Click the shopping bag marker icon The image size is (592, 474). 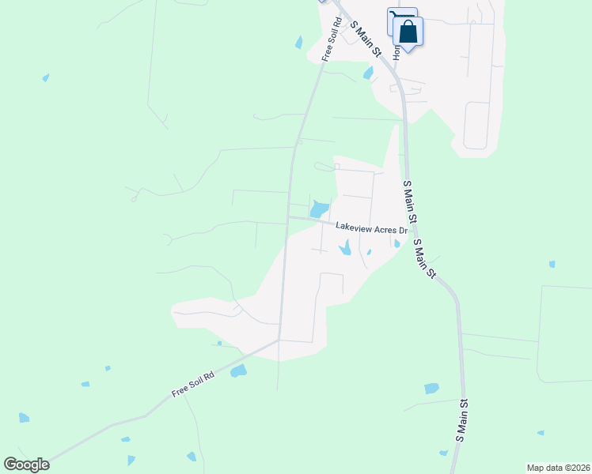pyautogui.click(x=408, y=32)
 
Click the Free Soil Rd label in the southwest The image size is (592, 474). pyautogui.click(x=193, y=385)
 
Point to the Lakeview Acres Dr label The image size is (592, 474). pyautogui.click(x=370, y=228)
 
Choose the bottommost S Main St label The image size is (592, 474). pyautogui.click(x=463, y=419)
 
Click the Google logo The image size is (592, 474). pyautogui.click(x=26, y=465)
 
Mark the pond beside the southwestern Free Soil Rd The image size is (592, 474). pyautogui.click(x=238, y=371)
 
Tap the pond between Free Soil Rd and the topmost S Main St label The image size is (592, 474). pyautogui.click(x=368, y=73)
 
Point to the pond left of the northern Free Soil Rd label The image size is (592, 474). pyautogui.click(x=298, y=43)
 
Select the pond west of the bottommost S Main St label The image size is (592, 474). pyautogui.click(x=431, y=388)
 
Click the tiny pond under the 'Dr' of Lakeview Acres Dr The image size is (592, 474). pyautogui.click(x=397, y=244)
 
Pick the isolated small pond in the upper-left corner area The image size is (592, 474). pyautogui.click(x=46, y=77)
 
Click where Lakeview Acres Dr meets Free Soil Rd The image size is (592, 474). pyautogui.click(x=287, y=217)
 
